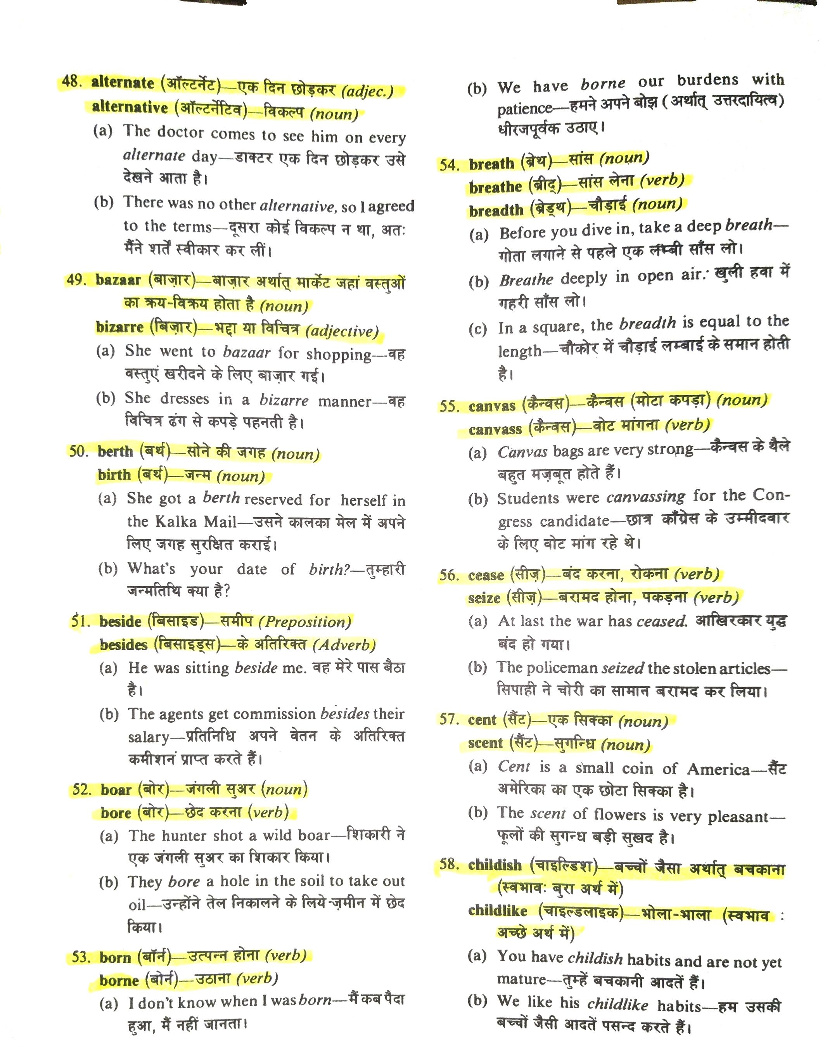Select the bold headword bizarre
tap(120, 327)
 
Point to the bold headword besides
tap(123, 644)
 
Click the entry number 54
tap(449, 165)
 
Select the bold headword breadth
tap(496, 211)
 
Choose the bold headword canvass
tap(495, 429)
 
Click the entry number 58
tap(449, 864)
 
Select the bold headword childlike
tap(498, 911)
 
